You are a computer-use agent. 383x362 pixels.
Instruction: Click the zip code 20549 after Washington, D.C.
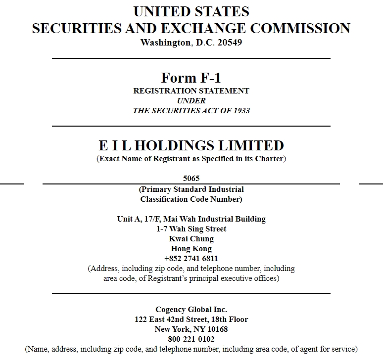228,43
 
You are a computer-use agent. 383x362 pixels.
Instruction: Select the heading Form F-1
191,78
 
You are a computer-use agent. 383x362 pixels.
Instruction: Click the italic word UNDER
191,101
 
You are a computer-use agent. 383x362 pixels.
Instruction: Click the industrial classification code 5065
191,179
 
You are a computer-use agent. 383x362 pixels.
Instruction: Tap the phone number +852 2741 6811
191,259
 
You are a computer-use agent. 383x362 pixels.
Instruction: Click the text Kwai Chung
191,239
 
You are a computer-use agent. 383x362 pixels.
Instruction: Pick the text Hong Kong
191,249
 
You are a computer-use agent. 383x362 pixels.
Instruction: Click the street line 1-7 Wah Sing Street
191,229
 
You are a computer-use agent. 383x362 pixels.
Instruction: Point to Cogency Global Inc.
191,310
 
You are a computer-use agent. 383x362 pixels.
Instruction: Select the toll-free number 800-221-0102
191,339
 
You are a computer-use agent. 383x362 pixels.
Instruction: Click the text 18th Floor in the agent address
230,319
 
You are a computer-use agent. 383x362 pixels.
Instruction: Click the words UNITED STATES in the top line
191,11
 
